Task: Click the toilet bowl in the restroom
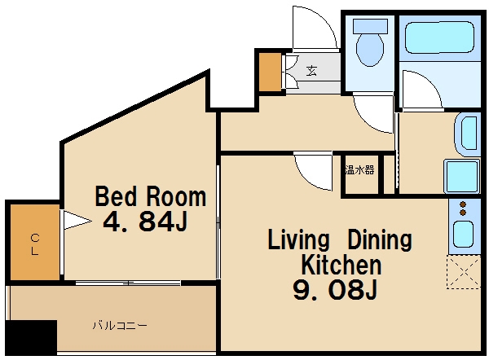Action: tap(370, 49)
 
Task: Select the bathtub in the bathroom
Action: tap(439, 37)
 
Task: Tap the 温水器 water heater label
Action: tap(359, 170)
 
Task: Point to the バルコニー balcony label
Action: tap(120, 326)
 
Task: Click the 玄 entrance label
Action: tap(311, 71)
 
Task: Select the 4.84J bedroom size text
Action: tap(145, 222)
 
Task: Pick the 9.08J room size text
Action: tap(335, 290)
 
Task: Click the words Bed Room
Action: tap(150, 196)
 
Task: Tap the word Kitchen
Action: tap(341, 265)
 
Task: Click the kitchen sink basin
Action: tap(464, 235)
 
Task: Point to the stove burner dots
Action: tap(463, 209)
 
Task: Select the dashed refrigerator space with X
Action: tap(464, 272)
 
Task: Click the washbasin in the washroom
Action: tap(468, 134)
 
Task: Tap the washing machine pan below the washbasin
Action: tap(462, 176)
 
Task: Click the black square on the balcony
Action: tap(31, 337)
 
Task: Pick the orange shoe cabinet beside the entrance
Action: tap(271, 72)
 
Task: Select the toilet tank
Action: tap(370, 26)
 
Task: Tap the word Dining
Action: tap(380, 239)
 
